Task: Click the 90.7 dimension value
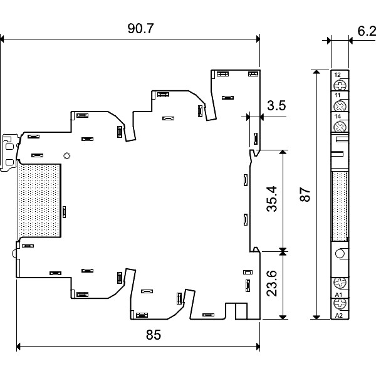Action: (x=140, y=28)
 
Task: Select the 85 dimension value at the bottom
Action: (x=154, y=335)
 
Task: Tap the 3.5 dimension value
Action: (x=276, y=105)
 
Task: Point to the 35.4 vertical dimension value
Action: (x=272, y=199)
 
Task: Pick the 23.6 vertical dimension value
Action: (x=272, y=283)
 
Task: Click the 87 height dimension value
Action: (x=305, y=195)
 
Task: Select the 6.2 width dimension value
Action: (x=367, y=31)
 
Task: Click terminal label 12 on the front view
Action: (x=337, y=75)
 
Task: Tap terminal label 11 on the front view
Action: (x=337, y=95)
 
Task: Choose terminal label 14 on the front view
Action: (x=337, y=117)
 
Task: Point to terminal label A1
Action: (x=338, y=295)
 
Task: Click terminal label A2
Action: (x=338, y=316)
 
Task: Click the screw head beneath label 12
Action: (x=340, y=85)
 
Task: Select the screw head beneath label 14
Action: (x=340, y=127)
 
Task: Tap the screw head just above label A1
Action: (x=340, y=283)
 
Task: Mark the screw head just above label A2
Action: (x=340, y=304)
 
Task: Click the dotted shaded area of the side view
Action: (x=39, y=201)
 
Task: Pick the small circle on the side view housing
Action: (x=67, y=156)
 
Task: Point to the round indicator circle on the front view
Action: (x=340, y=253)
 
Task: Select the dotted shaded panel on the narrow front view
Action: (x=340, y=206)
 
